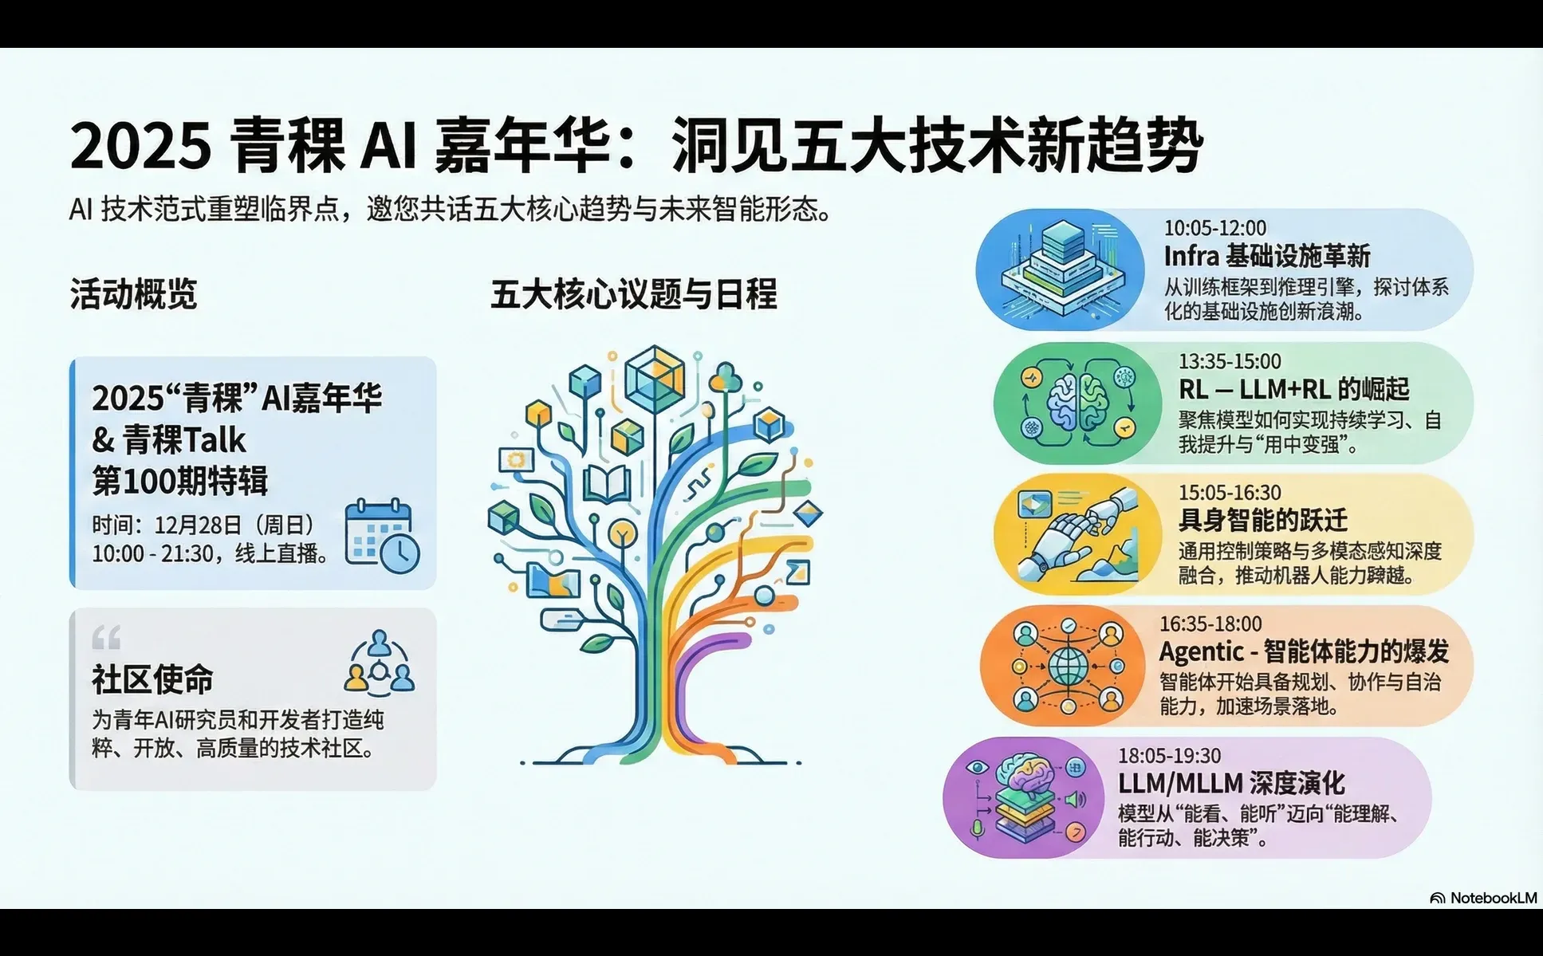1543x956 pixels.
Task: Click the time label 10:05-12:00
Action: (1214, 228)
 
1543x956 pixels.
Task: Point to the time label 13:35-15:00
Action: (1230, 361)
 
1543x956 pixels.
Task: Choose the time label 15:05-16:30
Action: (1230, 493)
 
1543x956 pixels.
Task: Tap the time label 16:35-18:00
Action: (1210, 624)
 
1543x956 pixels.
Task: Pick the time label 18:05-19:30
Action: (1169, 755)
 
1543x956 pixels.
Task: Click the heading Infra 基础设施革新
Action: (1266, 256)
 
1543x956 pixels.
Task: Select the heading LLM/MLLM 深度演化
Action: (1230, 783)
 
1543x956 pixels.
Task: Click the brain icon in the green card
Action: (1078, 402)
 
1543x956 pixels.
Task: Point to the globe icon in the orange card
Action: (1066, 667)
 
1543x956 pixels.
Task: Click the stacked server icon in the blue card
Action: (1065, 266)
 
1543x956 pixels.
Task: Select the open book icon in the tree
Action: (607, 482)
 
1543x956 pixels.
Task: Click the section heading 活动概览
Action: (133, 294)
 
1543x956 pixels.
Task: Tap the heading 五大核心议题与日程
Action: (633, 294)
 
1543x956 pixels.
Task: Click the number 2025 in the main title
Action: (140, 147)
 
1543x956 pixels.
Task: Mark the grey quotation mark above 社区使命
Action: (106, 637)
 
